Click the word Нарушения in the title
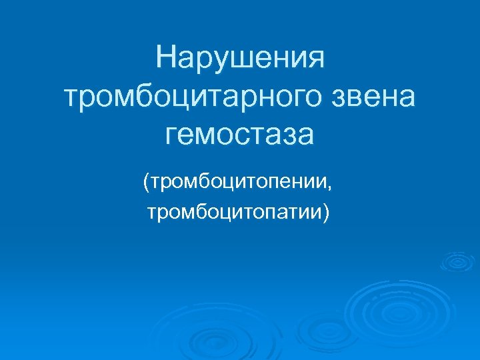240,59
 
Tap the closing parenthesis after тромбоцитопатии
326,213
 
